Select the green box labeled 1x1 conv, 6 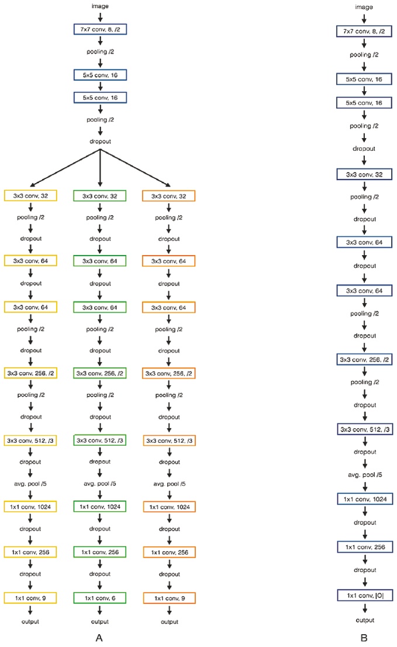coord(101,597)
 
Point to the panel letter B coord(364,637)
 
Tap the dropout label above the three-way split coord(101,141)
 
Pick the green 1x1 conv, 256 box coord(101,551)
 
